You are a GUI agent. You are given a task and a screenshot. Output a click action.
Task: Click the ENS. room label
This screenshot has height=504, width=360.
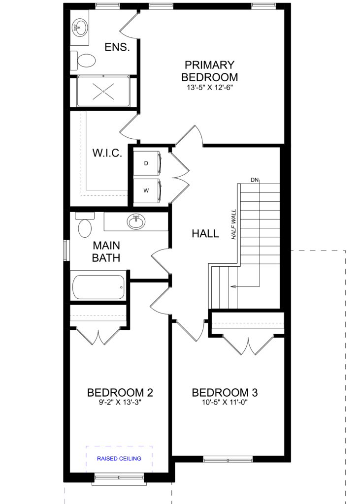tap(117, 47)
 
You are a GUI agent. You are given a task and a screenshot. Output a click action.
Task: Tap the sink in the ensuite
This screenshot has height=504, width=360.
tap(79, 28)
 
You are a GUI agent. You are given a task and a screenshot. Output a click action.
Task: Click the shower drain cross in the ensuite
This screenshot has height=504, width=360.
tap(103, 91)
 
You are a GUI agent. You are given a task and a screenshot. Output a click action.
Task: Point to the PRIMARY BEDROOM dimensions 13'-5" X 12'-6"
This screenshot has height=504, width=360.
tap(209, 88)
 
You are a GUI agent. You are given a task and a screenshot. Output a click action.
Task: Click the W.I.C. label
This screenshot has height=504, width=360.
tap(107, 153)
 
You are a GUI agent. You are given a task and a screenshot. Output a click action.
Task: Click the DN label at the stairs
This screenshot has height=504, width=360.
tap(255, 180)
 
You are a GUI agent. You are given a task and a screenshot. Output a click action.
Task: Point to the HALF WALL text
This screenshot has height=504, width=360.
tap(234, 224)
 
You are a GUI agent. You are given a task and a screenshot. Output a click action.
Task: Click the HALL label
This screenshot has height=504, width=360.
tap(205, 233)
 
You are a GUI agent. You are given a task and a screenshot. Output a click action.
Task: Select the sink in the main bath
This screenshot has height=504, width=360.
tap(136, 221)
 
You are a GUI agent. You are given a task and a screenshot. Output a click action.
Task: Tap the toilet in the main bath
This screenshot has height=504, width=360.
tap(85, 225)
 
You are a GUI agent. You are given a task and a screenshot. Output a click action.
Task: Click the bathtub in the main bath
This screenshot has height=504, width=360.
tap(98, 287)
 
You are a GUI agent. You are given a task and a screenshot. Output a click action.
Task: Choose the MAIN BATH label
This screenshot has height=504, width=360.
tap(106, 252)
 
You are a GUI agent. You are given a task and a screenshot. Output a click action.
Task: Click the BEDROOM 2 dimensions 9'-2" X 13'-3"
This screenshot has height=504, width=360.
tap(120, 403)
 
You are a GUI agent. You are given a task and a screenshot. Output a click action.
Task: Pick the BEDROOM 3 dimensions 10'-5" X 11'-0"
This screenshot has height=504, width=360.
tap(225, 403)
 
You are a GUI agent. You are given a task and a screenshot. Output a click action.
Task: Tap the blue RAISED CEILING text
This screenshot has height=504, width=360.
tap(119, 459)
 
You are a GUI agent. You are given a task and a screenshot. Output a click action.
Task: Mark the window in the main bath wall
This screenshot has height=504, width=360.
tap(66, 251)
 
